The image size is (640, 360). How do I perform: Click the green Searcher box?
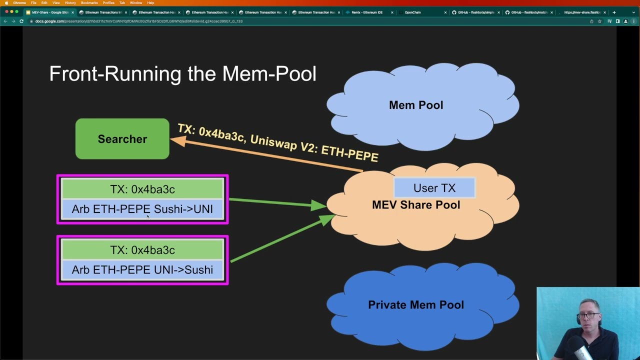[x=122, y=139]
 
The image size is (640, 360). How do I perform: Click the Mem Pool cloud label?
[x=415, y=105]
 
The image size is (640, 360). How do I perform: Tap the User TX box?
[x=434, y=188]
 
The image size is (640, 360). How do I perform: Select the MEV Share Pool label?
[x=415, y=205]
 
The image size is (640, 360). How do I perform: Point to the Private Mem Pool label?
[x=415, y=305]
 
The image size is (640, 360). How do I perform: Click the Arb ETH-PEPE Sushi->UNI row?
[x=142, y=209]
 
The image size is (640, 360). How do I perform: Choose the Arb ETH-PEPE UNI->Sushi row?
[x=142, y=270]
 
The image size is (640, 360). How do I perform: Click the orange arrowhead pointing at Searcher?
[x=177, y=141]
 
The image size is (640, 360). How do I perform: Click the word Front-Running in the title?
[x=115, y=74]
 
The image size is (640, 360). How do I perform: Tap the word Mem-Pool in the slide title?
[x=269, y=74]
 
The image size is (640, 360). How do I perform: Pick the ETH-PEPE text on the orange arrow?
[x=349, y=153]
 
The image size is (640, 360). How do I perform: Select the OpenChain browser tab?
[x=412, y=12]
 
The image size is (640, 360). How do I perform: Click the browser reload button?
[x=21, y=21]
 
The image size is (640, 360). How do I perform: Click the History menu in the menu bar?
[x=70, y=3]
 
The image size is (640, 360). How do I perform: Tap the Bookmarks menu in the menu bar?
[x=89, y=3]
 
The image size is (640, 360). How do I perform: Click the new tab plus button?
[x=614, y=12]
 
